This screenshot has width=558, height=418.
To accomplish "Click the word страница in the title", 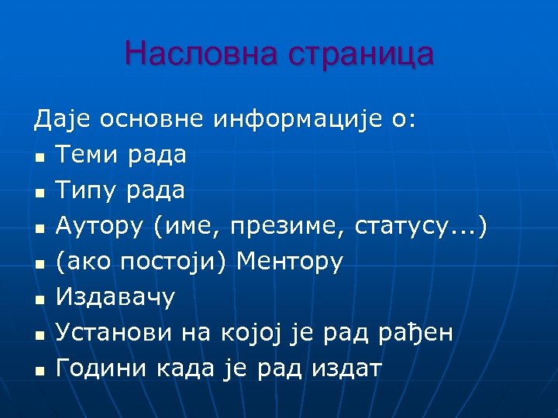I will pos(360,54).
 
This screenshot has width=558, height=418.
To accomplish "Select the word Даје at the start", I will pos(60,119).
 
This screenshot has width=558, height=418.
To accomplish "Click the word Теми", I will pos(87,155).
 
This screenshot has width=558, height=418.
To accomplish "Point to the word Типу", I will pos(86,190).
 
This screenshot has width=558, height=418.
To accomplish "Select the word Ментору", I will pos(289,262).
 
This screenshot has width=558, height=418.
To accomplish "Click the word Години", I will pos(99,368).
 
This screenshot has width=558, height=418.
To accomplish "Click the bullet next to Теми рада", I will pos(39,157).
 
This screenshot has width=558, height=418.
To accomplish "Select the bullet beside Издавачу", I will pos(39,300).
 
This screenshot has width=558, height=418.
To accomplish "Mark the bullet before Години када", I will pos(39,371).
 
